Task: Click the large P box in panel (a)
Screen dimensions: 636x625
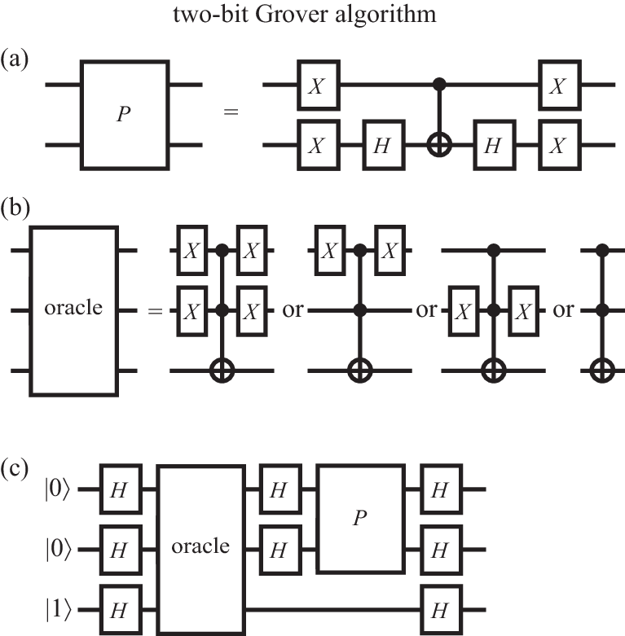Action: click(125, 114)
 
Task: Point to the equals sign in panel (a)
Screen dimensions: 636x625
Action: click(231, 114)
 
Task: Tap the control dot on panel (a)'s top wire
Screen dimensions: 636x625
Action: click(441, 83)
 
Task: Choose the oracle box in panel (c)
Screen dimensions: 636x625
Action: click(200, 548)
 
